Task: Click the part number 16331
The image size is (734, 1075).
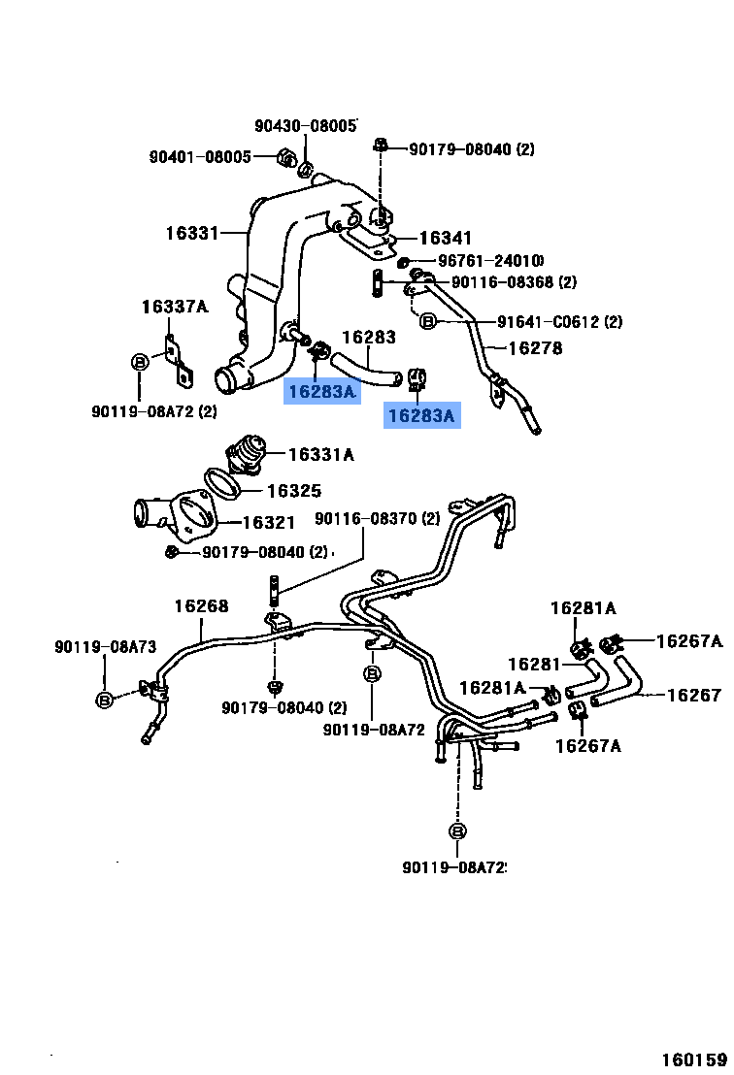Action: click(192, 233)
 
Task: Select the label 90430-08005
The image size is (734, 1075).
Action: click(306, 125)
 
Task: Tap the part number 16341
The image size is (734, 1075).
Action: click(446, 238)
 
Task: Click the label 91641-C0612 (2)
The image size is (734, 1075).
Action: click(560, 321)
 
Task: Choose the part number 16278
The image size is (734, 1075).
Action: click(535, 348)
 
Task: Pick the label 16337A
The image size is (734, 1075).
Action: click(174, 307)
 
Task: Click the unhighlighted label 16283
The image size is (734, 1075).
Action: click(369, 337)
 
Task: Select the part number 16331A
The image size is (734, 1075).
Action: click(321, 454)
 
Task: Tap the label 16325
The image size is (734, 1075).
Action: click(294, 491)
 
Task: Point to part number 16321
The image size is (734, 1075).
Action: click(268, 522)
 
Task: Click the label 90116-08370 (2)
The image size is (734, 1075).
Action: click(378, 518)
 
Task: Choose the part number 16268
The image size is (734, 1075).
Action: click(201, 606)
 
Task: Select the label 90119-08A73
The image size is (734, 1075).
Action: click(106, 646)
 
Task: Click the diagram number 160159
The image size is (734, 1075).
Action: click(694, 1059)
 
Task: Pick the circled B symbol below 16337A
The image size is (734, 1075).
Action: click(139, 362)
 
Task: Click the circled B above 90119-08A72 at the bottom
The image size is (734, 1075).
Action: click(457, 831)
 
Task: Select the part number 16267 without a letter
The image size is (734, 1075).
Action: click(694, 696)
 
